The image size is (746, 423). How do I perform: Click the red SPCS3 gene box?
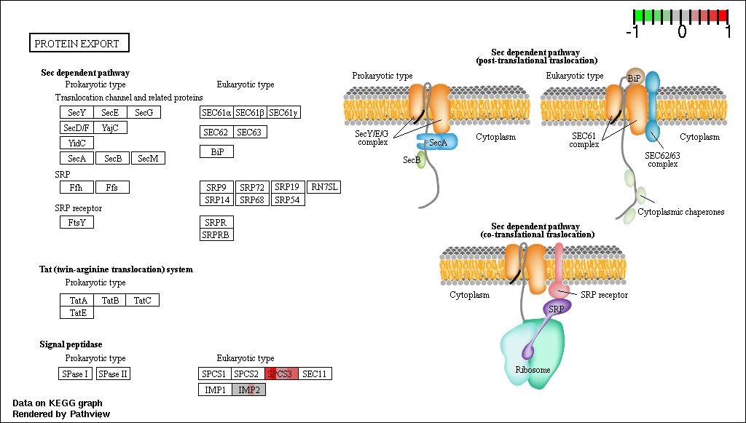282,373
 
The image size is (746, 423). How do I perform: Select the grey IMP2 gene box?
249,390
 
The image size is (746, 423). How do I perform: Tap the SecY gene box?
77,112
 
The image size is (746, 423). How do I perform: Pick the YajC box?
111,127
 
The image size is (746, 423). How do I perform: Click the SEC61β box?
251,112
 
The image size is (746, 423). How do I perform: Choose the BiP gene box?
217,151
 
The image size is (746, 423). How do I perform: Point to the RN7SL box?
324,187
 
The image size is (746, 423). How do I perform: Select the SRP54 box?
288,199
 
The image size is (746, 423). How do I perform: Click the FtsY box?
77,222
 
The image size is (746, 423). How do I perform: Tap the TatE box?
77,312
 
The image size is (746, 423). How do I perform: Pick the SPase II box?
113,373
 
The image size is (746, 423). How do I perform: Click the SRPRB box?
217,234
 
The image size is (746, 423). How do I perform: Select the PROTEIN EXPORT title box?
79,43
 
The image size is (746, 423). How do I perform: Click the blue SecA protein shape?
437,142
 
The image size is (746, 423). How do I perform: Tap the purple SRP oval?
557,309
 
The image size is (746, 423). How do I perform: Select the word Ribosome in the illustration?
533,370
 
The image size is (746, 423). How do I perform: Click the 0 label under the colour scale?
682,31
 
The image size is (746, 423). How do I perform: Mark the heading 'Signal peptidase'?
71,344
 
